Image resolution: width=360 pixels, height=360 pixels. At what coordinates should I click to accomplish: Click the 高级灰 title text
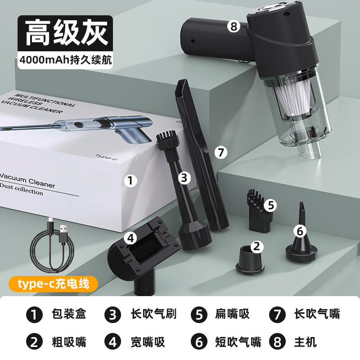[x=66, y=32]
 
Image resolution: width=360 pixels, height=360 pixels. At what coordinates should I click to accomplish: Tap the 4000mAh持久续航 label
[x=65, y=60]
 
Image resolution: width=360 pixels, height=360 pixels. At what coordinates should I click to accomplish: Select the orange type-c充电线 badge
[x=53, y=284]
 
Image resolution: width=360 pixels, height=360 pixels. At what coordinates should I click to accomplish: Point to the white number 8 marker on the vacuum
[x=234, y=26]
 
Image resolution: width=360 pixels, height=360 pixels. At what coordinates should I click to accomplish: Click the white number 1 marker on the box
[x=130, y=180]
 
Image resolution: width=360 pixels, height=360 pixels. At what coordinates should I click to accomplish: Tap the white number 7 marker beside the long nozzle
[x=221, y=152]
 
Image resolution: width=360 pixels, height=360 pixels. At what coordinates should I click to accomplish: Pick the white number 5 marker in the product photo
[x=270, y=205]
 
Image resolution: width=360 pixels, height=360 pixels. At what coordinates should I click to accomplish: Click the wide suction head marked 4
[x=143, y=255]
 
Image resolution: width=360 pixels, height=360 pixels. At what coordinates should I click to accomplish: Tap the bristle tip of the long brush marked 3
[x=165, y=139]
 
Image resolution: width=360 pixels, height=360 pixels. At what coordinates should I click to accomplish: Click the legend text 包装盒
[x=69, y=314]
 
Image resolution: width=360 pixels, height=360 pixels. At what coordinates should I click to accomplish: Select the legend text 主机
[x=305, y=342]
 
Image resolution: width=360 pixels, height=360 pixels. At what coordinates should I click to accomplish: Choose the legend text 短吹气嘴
[x=238, y=342]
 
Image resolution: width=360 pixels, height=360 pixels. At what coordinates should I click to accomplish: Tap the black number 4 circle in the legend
[x=113, y=342]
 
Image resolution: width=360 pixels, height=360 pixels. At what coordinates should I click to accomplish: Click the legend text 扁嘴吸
[x=232, y=314]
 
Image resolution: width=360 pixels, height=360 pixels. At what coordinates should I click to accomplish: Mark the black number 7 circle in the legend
[x=277, y=315]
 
